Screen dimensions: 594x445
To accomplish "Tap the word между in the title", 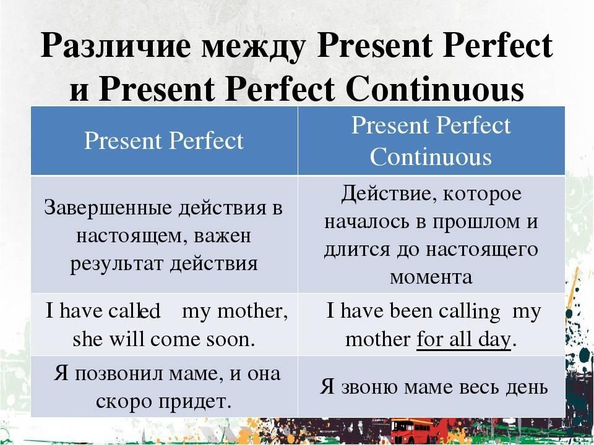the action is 254,48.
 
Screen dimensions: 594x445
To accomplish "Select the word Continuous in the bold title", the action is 435,90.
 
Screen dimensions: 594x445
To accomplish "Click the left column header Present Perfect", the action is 163,141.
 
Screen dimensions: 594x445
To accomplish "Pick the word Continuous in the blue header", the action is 431,156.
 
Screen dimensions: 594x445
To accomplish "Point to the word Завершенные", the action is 107,208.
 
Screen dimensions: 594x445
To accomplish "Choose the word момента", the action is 431,278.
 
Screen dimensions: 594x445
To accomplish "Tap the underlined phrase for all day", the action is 463,340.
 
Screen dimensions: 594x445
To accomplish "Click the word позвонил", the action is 119,374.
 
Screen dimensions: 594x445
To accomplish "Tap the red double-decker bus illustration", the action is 411,431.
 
